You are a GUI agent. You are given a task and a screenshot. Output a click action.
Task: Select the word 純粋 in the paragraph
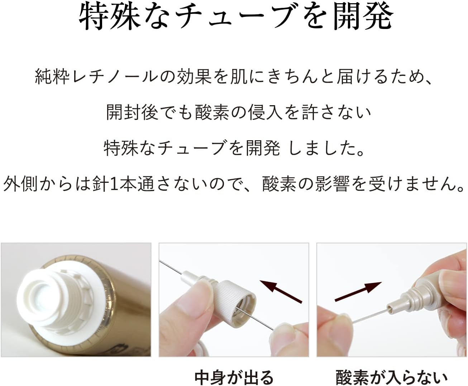[52, 77]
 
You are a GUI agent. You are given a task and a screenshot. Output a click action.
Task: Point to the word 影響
[333, 184]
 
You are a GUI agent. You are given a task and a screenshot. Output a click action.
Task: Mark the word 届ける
[363, 77]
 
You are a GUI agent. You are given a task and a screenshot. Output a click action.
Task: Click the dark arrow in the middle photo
[281, 292]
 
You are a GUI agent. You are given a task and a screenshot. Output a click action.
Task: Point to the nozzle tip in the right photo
[391, 307]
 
